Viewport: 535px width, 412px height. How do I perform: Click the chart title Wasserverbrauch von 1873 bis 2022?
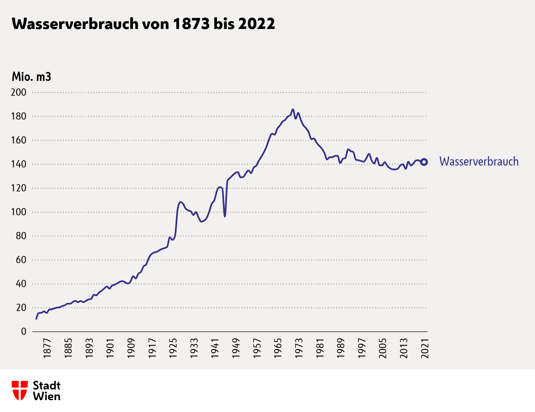click(143, 24)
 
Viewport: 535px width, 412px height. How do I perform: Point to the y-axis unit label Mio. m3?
click(31, 77)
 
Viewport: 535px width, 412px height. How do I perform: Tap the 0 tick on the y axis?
click(24, 331)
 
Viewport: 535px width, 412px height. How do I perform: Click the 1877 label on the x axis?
click(47, 348)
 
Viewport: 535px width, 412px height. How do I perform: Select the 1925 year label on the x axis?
click(173, 348)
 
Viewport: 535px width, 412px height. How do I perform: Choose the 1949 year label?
click(236, 348)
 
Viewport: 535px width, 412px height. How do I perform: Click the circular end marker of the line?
click(424, 162)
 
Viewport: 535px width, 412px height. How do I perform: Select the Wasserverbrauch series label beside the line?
click(479, 161)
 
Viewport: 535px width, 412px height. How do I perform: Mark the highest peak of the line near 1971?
click(293, 110)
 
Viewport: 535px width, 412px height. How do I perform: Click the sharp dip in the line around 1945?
click(225, 216)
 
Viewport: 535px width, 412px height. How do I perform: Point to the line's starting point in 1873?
click(36, 319)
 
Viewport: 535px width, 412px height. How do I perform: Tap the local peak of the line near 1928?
click(180, 202)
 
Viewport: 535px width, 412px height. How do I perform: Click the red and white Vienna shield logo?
click(20, 391)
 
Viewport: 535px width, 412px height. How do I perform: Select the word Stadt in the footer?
click(47, 386)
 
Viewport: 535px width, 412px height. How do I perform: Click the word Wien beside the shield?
click(47, 396)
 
